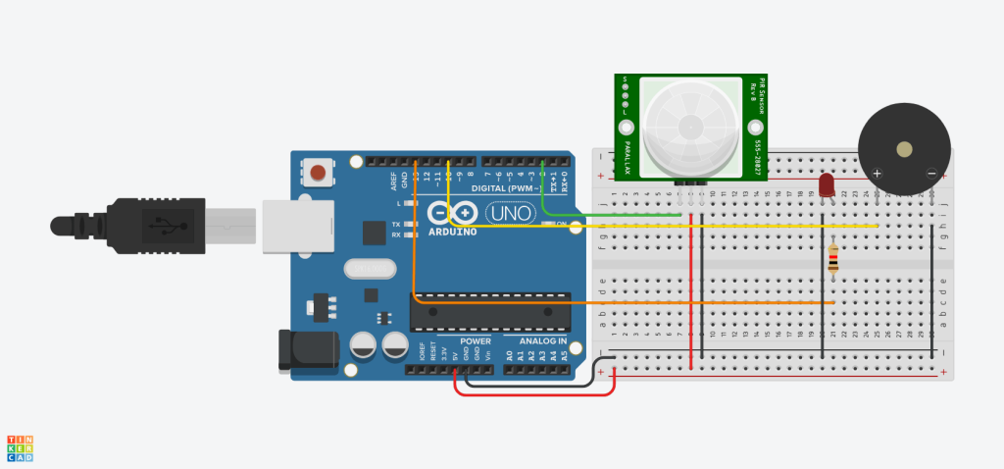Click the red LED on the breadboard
pyautogui.click(x=826, y=184)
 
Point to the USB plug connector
pyautogui.click(x=147, y=225)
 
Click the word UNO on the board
pyautogui.click(x=510, y=213)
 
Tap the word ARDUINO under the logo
pyautogui.click(x=454, y=233)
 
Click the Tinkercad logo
pyautogui.click(x=20, y=447)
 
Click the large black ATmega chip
pyautogui.click(x=490, y=310)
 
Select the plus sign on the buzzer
pyautogui.click(x=877, y=174)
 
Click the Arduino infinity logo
pyautogui.click(x=452, y=213)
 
